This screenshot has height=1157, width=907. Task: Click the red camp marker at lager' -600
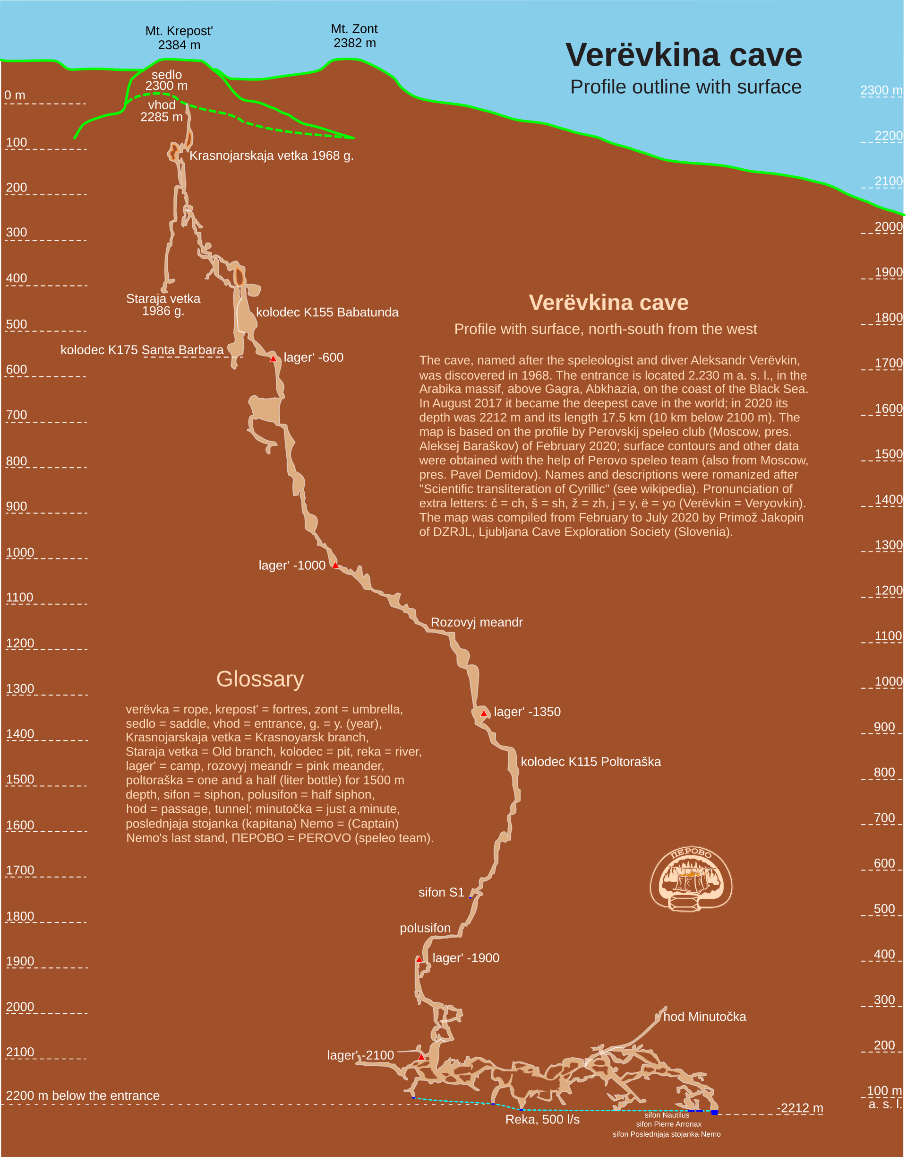273,359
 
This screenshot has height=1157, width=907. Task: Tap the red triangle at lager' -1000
335,565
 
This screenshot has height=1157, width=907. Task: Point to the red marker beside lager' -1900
419,959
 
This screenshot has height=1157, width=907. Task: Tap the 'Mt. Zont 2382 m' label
354,36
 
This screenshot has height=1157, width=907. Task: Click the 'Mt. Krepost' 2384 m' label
179,38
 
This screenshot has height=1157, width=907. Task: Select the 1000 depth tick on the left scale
20,553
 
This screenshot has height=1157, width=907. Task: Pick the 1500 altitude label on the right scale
889,454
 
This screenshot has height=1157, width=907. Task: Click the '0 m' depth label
15,96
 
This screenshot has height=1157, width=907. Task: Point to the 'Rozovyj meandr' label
476,622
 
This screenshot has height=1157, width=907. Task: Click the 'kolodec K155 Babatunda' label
327,313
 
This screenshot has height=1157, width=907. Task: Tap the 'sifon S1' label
441,892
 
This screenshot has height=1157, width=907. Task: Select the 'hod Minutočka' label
704,1017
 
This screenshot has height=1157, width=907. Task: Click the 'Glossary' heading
260,679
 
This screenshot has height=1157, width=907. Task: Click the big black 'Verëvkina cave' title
684,55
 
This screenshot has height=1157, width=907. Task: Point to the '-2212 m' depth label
800,1108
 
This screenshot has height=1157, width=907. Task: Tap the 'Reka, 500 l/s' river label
542,1120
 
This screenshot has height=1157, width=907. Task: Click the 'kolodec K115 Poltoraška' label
590,762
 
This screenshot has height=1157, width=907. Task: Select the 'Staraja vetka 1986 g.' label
163,305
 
